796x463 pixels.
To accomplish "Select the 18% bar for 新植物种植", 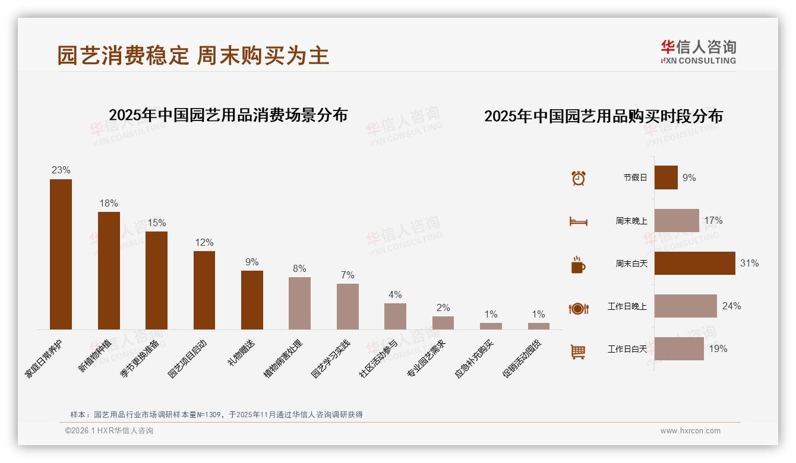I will point(109,271).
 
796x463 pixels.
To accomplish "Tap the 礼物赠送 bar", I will point(252,300).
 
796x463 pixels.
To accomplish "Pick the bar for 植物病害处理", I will point(299,303).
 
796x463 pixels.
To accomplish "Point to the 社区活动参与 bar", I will point(395,316).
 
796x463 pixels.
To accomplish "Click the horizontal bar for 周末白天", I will point(694,263).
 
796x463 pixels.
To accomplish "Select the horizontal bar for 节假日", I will point(666,177).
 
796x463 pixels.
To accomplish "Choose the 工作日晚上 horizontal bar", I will point(686,306).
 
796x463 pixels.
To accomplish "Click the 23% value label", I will point(61,170).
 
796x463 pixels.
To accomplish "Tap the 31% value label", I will point(749,263).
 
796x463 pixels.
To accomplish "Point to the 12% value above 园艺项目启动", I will point(204,242).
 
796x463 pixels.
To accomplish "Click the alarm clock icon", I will point(578,177).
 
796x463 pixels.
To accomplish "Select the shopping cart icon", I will point(578,351).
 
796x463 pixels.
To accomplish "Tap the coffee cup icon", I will point(578,265).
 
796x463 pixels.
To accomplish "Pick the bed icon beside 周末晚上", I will point(578,221).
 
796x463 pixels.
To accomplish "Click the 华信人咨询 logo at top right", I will point(698,52).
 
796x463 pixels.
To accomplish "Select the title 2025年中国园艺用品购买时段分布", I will point(603,116).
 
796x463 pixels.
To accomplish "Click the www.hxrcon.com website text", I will point(690,431).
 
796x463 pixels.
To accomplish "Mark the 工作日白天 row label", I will point(627,349).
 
